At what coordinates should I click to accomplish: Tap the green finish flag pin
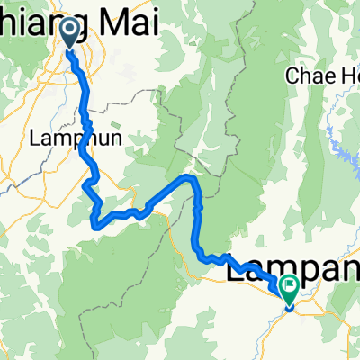pyautogui.click(x=290, y=290)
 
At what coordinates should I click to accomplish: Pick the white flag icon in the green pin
pyautogui.click(x=290, y=287)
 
